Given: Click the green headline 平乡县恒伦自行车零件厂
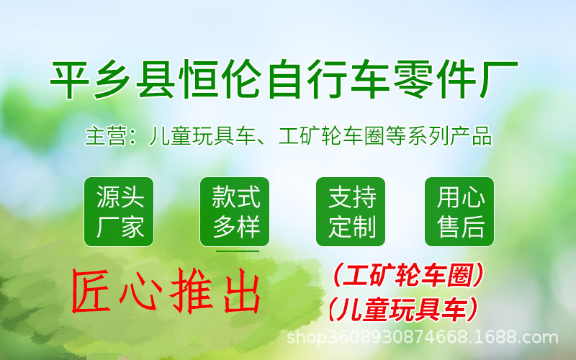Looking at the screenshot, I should pos(284,79).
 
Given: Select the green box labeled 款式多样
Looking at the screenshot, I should pos(235,212).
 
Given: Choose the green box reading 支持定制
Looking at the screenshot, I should pos(351,212).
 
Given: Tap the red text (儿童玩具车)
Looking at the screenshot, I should pos(403,309).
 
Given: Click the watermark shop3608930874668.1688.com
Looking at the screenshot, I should pos(423,337).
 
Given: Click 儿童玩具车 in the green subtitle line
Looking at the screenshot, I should pos(201,136).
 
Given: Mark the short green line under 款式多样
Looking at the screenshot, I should pos(237,251).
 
